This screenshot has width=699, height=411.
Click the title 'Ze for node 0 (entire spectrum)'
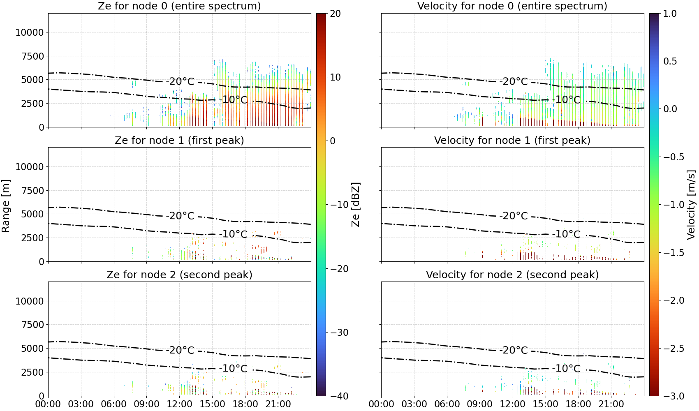pyautogui.click(x=179, y=6)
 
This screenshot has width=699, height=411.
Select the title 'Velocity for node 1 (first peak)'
pyautogui.click(x=512, y=140)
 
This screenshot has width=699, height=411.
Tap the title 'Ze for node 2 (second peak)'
pyautogui.click(x=179, y=275)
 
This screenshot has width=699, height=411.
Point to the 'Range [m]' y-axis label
pyautogui.click(x=6, y=206)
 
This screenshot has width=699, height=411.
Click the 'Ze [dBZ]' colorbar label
pyautogui.click(x=355, y=205)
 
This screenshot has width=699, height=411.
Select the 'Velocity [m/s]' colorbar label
pyautogui.click(x=691, y=205)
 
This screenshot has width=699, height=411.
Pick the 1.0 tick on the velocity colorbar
pyautogui.click(x=670, y=14)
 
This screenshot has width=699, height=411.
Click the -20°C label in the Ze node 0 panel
pyautogui.click(x=180, y=81)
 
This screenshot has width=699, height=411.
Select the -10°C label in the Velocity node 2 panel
pyautogui.click(x=566, y=368)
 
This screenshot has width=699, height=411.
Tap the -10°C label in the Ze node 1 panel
pyautogui.click(x=233, y=234)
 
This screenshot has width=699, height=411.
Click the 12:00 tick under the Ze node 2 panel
pyautogui.click(x=179, y=404)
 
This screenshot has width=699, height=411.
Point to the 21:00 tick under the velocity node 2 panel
pyautogui.click(x=611, y=404)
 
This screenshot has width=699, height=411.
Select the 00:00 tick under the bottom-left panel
pyautogui.click(x=48, y=404)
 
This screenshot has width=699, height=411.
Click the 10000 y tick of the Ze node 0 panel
pyautogui.click(x=30, y=32)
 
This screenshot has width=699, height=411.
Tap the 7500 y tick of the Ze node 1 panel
pyautogui.click(x=32, y=191)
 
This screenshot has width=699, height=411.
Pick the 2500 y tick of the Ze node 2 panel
pyautogui.click(x=32, y=372)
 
